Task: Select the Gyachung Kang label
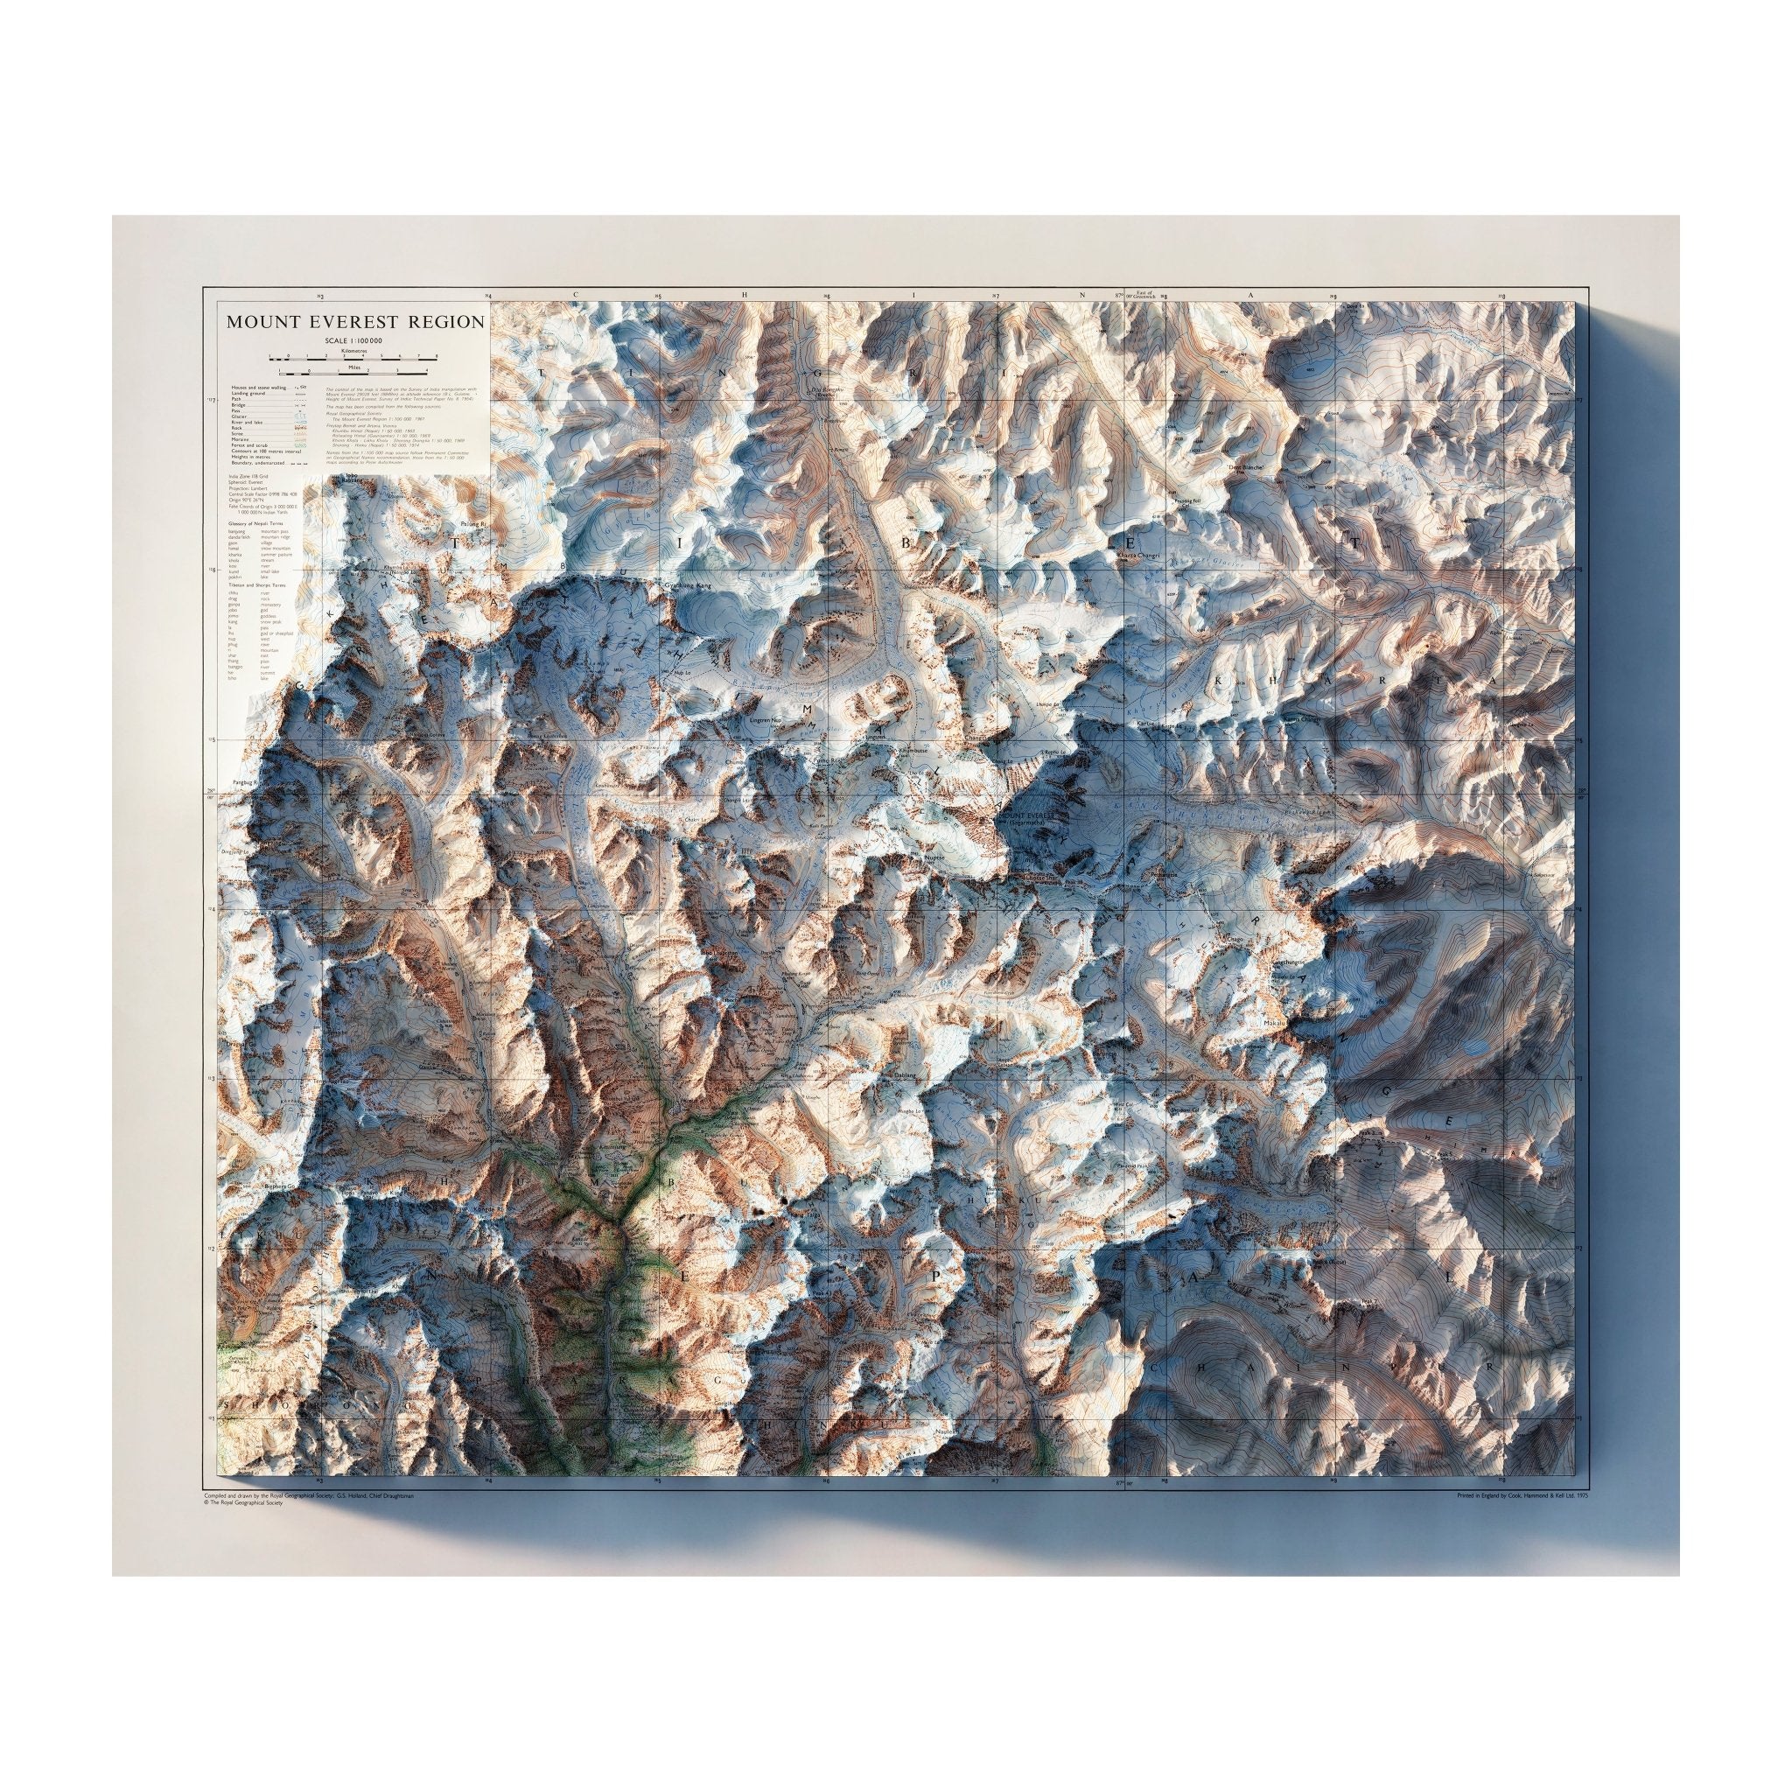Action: coord(690,587)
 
